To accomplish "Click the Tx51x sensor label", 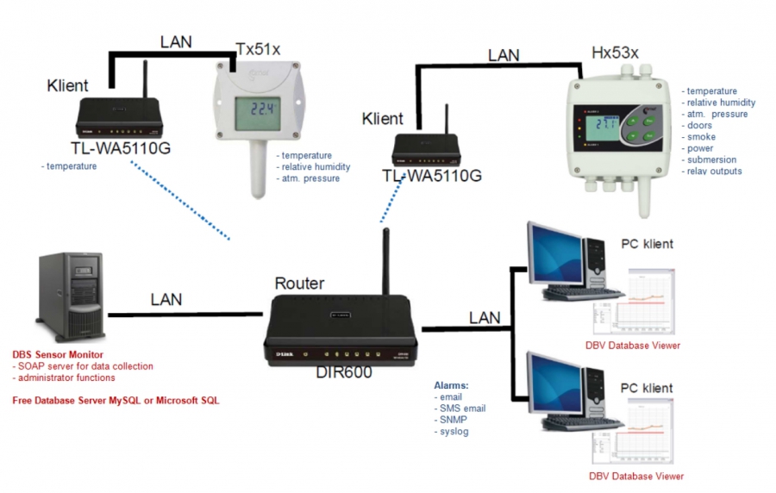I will [258, 49].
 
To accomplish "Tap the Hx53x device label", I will [615, 53].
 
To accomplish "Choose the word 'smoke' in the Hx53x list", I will [701, 137].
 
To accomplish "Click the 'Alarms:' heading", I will [451, 385].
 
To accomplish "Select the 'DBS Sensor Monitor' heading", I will [58, 354].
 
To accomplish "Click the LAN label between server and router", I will [166, 299].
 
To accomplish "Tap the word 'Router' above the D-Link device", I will [300, 283].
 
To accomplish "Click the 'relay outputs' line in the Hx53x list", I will [714, 171].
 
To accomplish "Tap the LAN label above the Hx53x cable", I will [504, 55].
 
